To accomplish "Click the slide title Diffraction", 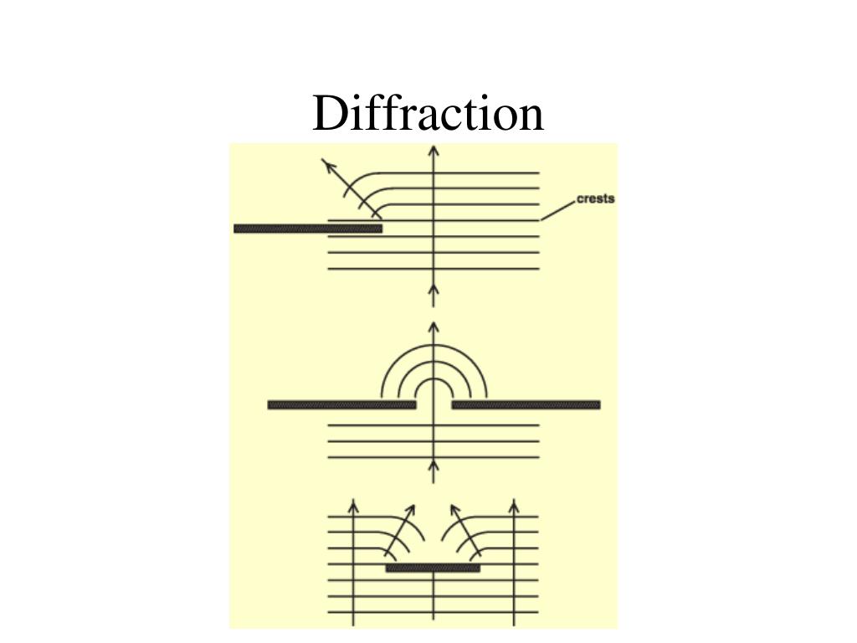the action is [428, 114].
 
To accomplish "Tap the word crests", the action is [596, 198].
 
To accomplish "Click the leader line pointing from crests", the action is [558, 210].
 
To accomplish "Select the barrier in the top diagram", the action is [307, 229].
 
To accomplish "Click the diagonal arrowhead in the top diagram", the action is [327, 164].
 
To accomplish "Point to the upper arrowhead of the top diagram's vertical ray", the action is [433, 151].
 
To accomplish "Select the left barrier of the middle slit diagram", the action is [341, 405].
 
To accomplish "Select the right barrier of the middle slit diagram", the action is [526, 405].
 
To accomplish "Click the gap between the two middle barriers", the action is [434, 405].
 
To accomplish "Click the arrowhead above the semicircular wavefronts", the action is [433, 327].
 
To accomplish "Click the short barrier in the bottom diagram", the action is [433, 568].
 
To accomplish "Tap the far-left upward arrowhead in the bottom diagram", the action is [353, 505].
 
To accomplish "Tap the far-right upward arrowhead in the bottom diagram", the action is [514, 505].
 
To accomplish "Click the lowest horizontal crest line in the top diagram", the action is [433, 269].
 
